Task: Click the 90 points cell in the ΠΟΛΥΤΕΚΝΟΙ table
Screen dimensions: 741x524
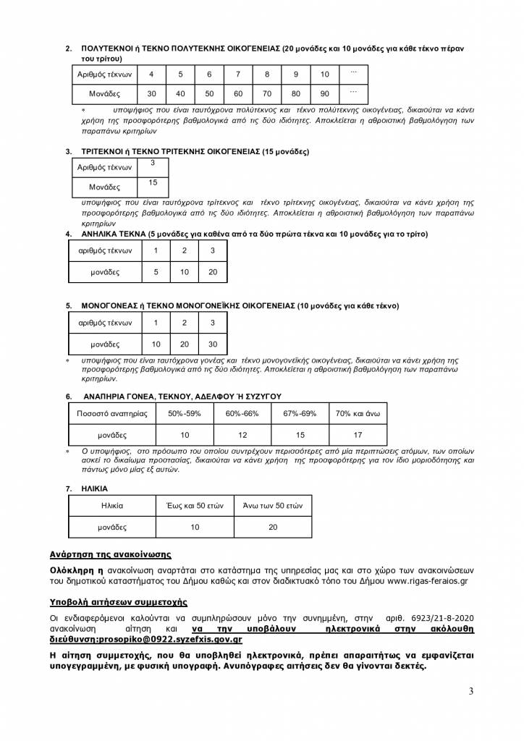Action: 325,94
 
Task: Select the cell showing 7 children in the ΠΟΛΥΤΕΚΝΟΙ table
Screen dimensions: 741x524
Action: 238,75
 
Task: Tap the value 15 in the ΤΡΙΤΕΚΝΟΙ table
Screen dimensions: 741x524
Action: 152,183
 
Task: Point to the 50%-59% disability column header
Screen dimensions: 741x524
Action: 185,413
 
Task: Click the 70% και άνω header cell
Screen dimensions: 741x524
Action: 358,413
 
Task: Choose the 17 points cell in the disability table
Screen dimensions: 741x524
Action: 358,435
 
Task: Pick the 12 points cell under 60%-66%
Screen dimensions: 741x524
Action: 242,435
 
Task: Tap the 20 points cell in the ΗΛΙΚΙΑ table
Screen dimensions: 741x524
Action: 273,528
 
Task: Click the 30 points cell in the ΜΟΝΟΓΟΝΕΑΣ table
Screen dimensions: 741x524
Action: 212,344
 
